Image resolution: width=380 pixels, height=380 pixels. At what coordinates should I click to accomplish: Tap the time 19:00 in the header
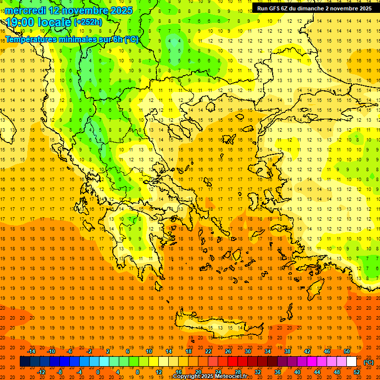point(19,22)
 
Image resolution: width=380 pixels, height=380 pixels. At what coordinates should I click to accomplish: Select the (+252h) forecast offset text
point(88,22)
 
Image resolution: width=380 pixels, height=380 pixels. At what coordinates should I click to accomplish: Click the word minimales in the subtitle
point(74,39)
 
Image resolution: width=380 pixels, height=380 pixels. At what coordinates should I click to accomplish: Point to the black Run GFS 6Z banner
point(315,8)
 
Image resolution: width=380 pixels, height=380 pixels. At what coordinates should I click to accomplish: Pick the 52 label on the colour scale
point(357,372)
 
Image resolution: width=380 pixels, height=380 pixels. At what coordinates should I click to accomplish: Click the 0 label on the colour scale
point(97,372)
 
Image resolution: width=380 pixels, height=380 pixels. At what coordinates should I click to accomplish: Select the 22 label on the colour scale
point(208,351)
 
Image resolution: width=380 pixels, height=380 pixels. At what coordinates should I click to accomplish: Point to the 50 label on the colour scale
point(347,351)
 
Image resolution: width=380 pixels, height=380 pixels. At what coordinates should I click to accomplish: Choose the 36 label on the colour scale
point(278,372)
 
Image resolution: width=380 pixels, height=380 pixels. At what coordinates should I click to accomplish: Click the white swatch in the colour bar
point(351,362)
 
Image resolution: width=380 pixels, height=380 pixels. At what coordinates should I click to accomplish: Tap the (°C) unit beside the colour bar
point(369,362)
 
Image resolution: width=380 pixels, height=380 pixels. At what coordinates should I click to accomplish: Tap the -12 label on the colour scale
point(42,372)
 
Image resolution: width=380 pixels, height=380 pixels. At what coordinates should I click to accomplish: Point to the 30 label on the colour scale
point(248,351)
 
